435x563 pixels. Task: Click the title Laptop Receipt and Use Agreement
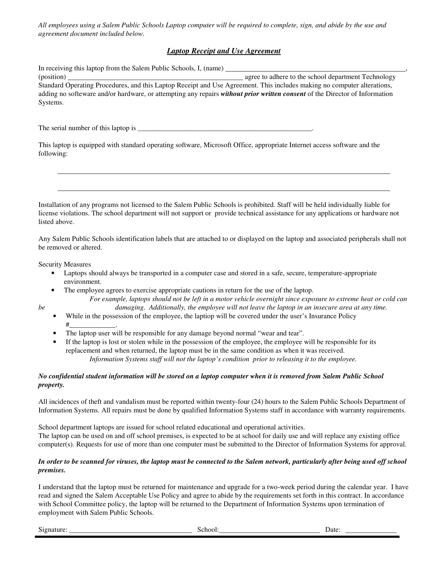click(x=223, y=51)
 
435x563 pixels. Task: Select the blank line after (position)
click(x=155, y=78)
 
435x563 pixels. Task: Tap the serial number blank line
click(x=225, y=130)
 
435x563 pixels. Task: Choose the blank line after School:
click(x=269, y=531)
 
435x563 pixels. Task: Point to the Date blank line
click(x=371, y=531)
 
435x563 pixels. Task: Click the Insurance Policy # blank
click(x=93, y=326)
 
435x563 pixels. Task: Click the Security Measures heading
click(x=64, y=265)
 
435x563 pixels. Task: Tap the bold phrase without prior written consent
click(x=263, y=94)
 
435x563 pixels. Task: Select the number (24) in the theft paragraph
click(x=257, y=402)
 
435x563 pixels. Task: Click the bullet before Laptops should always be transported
click(x=53, y=273)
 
